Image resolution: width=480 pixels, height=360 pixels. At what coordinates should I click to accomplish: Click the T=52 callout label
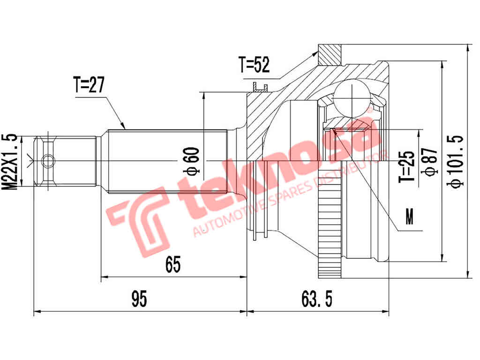coord(254,65)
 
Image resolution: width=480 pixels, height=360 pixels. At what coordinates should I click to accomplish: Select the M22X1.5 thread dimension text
coord(10,161)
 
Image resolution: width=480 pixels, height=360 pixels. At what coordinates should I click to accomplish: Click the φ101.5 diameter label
coord(456,162)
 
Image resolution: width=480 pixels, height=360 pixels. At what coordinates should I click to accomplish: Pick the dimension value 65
coord(172,265)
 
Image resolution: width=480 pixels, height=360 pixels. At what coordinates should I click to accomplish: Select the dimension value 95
coord(139,299)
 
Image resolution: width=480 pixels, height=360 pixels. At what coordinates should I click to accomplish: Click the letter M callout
coord(410,218)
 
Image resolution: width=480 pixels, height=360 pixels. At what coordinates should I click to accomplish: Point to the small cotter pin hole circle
coord(48,162)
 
